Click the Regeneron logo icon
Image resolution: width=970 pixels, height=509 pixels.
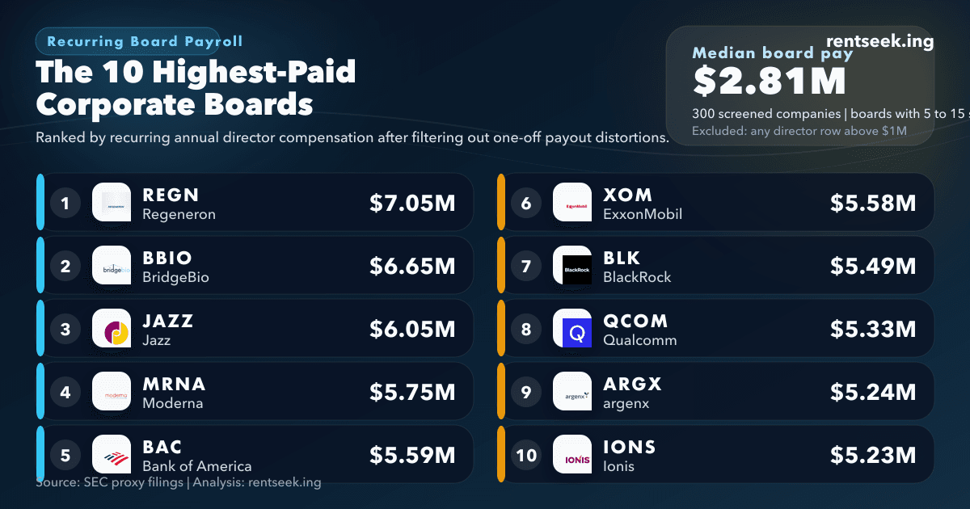point(112,202)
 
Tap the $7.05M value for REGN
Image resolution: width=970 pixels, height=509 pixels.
point(412,203)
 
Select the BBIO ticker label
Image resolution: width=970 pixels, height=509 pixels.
point(167,258)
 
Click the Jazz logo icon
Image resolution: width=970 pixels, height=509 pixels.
point(112,329)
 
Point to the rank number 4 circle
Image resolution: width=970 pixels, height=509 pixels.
point(65,392)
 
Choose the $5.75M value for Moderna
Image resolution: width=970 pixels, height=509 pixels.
point(412,392)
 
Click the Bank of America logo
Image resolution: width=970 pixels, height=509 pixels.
point(112,455)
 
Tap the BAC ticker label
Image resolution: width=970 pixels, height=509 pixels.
point(162,447)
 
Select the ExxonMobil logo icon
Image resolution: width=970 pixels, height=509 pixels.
point(572,202)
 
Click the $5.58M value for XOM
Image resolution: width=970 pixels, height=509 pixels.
point(873,203)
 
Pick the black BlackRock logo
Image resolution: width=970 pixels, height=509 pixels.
point(572,265)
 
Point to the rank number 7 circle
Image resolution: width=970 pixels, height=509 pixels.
point(526,266)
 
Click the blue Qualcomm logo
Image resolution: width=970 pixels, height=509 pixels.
point(572,329)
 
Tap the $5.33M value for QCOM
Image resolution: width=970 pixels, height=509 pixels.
point(873,329)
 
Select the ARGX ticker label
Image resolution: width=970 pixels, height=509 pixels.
point(632,384)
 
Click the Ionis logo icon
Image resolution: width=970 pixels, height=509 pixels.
point(572,455)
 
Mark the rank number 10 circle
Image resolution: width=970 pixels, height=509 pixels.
point(526,455)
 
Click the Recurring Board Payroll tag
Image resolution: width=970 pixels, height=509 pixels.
point(145,41)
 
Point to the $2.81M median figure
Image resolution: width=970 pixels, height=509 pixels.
point(769,81)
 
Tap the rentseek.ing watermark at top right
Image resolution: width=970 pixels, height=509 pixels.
point(880,42)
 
